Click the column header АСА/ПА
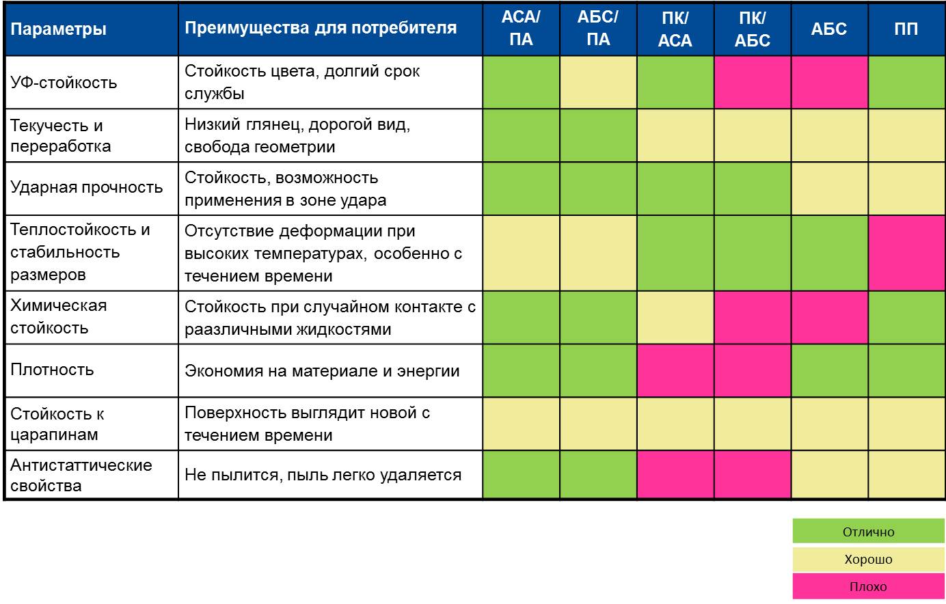pos(521,29)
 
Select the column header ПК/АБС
pos(752,29)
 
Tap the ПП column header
pos(906,29)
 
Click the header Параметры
pos(59,29)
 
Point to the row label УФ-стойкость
pos(64,83)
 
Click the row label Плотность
pos(52,370)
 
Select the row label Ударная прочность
pos(86,188)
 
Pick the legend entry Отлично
pos(868,532)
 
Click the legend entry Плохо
pos(868,586)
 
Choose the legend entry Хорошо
pos(868,559)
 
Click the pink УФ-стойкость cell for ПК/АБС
pos(752,82)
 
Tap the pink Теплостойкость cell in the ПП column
pos(906,253)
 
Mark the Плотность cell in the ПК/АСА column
pos(675,370)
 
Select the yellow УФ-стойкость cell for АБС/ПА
pos(598,82)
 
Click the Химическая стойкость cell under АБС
pos(829,317)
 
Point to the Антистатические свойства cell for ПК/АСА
pos(675,475)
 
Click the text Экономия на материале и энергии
pos(322,371)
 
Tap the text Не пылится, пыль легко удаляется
pos(323,475)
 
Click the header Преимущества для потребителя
pos(321,29)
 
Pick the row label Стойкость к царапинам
pos(57,424)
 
